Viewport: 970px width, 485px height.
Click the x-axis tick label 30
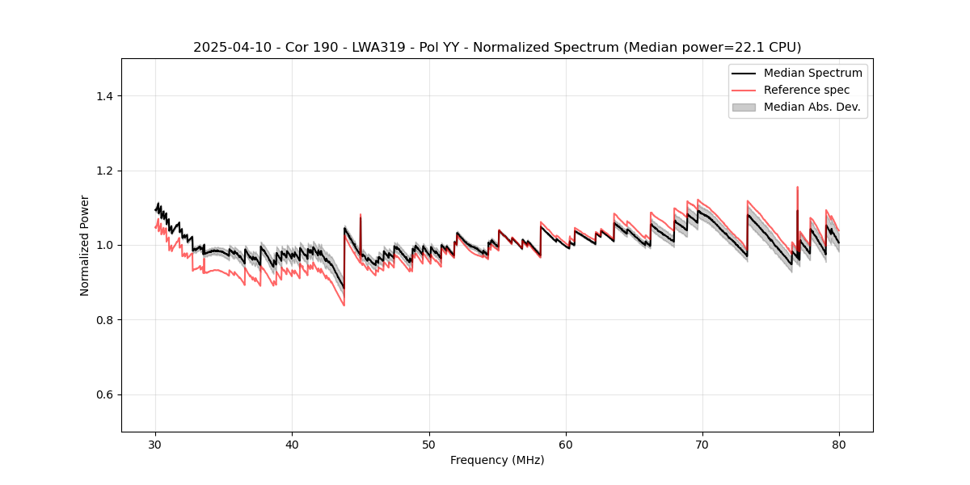pyautogui.click(x=155, y=445)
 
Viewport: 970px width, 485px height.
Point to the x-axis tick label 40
pyautogui.click(x=292, y=445)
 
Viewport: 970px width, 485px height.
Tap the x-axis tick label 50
pyautogui.click(x=429, y=445)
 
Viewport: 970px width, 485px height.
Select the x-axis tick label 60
pyautogui.click(x=566, y=445)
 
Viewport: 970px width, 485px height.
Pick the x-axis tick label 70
pyautogui.click(x=702, y=445)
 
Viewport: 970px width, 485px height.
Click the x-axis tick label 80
pyautogui.click(x=839, y=445)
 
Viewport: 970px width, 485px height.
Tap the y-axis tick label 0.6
pyautogui.click(x=105, y=394)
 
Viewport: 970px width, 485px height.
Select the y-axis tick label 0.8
pyautogui.click(x=105, y=320)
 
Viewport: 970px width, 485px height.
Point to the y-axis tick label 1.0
pyautogui.click(x=105, y=245)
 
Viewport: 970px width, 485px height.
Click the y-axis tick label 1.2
pyautogui.click(x=105, y=171)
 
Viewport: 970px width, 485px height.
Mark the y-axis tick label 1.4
pyautogui.click(x=105, y=96)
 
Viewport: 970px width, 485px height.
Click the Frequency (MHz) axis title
pyautogui.click(x=497, y=461)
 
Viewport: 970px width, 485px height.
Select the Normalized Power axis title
pyautogui.click(x=85, y=245)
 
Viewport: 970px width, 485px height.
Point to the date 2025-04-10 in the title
pyautogui.click(x=230, y=48)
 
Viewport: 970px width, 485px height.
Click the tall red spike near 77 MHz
pyautogui.click(x=797, y=188)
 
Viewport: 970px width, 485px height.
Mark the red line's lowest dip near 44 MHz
pyautogui.click(x=344, y=305)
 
